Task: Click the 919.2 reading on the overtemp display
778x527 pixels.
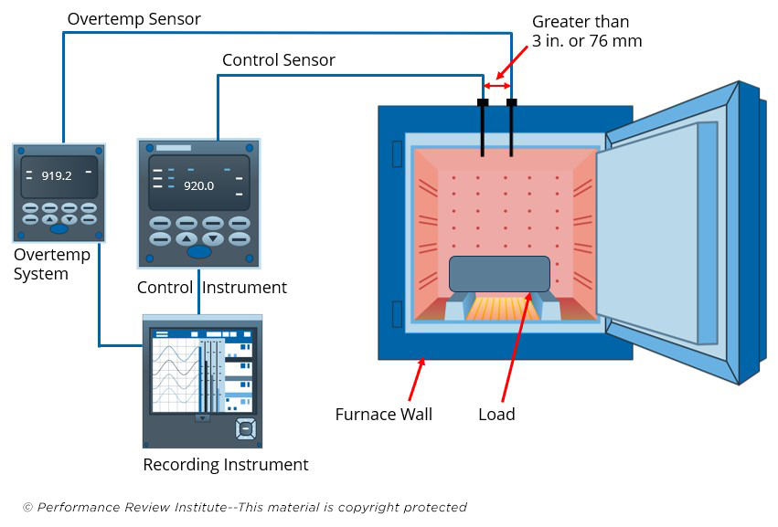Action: [x=57, y=175]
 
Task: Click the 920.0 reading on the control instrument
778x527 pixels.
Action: [x=198, y=184]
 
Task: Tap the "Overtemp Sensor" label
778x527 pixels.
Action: [x=134, y=18]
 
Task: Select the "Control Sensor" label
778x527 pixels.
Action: [x=279, y=60]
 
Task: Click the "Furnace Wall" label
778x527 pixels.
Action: [x=384, y=414]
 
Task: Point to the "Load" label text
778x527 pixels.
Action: [x=496, y=414]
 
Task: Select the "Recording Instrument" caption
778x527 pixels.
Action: [x=226, y=465]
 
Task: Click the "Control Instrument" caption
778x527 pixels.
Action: [x=212, y=288]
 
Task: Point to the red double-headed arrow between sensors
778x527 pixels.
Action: [x=496, y=85]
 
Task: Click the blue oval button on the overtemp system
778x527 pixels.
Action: [x=59, y=228]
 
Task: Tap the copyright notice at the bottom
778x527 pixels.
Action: [x=245, y=507]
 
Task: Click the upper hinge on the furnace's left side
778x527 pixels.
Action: [x=397, y=153]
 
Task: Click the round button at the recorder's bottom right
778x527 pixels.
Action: [x=245, y=427]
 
